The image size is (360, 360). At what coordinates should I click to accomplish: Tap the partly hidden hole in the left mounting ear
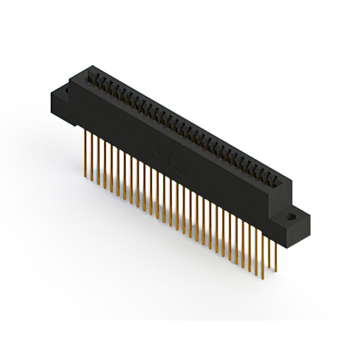tap(66, 90)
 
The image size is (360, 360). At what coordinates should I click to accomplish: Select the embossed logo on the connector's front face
tap(169, 160)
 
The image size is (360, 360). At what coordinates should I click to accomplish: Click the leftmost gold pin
tap(85, 152)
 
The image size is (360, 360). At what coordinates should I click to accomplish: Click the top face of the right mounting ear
tap(296, 216)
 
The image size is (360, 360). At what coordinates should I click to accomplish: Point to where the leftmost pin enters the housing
tap(85, 130)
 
